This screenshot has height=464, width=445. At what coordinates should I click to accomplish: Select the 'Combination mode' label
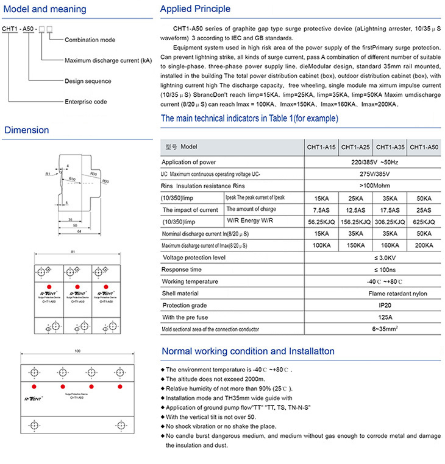click(91, 40)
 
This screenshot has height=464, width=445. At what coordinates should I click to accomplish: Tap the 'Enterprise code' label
click(86, 102)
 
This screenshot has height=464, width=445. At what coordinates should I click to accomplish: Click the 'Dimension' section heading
click(26, 130)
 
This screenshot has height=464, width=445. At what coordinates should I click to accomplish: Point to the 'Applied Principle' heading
click(195, 9)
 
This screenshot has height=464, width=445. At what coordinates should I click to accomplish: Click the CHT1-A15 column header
click(321, 147)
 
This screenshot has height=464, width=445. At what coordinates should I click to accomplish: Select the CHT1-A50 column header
click(424, 147)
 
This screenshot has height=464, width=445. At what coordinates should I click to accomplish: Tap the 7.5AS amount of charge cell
click(321, 209)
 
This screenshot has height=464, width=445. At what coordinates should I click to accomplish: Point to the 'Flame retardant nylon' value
click(373, 293)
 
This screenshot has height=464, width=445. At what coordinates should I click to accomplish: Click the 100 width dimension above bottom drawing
click(76, 351)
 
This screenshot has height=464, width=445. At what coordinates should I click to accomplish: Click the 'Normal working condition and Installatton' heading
click(247, 351)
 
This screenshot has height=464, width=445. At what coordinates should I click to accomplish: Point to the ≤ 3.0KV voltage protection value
click(373, 258)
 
